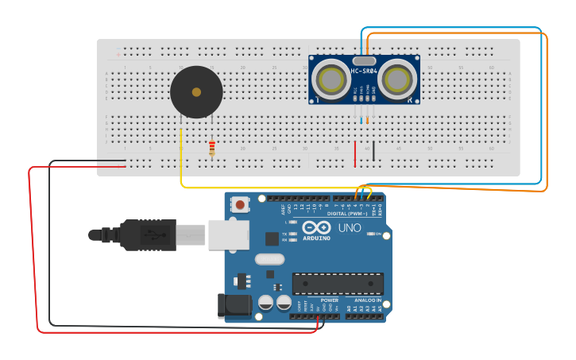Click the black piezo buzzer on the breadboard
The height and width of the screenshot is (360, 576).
(196, 92)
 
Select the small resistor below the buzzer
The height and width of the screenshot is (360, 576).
(211, 149)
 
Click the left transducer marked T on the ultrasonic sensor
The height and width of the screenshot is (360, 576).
(330, 79)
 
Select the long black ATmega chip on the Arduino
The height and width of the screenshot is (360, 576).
(338, 284)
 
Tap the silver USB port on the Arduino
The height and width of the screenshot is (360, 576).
(228, 235)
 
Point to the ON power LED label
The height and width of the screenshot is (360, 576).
(378, 234)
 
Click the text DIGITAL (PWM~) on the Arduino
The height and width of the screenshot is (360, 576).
(348, 213)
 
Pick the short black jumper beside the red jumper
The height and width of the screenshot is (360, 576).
(373, 151)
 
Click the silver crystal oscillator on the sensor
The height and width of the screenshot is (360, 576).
(364, 60)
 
